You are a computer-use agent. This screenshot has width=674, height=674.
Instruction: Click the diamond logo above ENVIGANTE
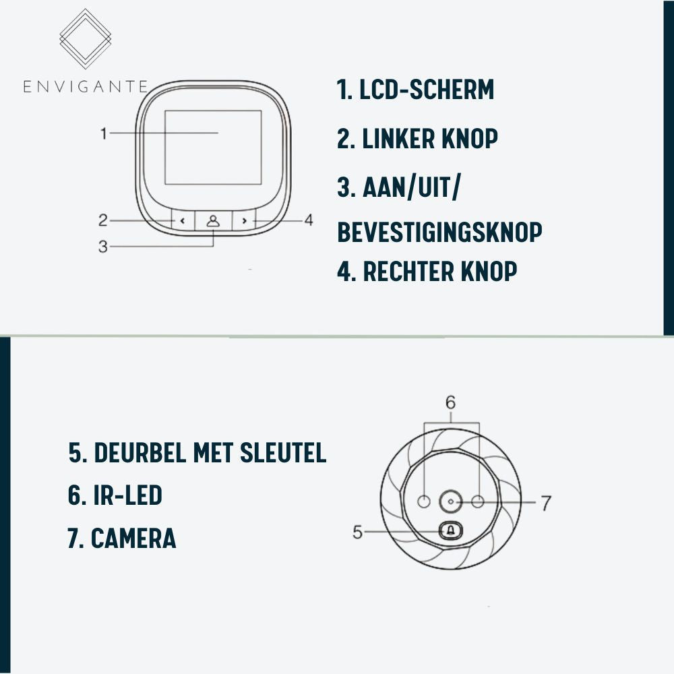[x=86, y=38]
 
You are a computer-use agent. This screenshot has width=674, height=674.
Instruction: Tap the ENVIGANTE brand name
[x=86, y=86]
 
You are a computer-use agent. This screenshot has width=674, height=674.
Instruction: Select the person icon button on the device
[x=213, y=221]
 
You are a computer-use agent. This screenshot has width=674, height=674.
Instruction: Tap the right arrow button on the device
[x=244, y=221]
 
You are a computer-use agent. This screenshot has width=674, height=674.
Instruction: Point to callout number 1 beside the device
[x=104, y=133]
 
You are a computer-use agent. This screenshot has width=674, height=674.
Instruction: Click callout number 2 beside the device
[x=102, y=220]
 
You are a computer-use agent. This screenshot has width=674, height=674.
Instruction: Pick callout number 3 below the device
[x=102, y=247]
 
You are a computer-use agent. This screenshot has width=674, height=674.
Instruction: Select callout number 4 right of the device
[x=309, y=220]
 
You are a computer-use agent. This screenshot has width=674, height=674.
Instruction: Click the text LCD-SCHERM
[x=427, y=90]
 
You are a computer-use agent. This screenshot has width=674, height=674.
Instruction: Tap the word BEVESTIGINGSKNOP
[x=439, y=232]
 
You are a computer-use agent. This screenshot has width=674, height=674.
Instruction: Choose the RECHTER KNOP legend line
[x=427, y=271]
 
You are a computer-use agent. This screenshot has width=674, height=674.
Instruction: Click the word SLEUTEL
[x=283, y=453]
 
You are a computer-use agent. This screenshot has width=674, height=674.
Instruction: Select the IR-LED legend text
[x=115, y=495]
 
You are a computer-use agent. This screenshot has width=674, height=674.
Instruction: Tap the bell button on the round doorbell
[x=450, y=531]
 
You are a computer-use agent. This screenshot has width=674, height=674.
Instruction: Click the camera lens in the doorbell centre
[x=450, y=501]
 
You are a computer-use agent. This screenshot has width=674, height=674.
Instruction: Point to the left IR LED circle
[x=424, y=501]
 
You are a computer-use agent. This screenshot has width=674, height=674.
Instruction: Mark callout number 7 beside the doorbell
[x=546, y=503]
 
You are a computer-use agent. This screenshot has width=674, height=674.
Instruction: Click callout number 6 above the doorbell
[x=450, y=402]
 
